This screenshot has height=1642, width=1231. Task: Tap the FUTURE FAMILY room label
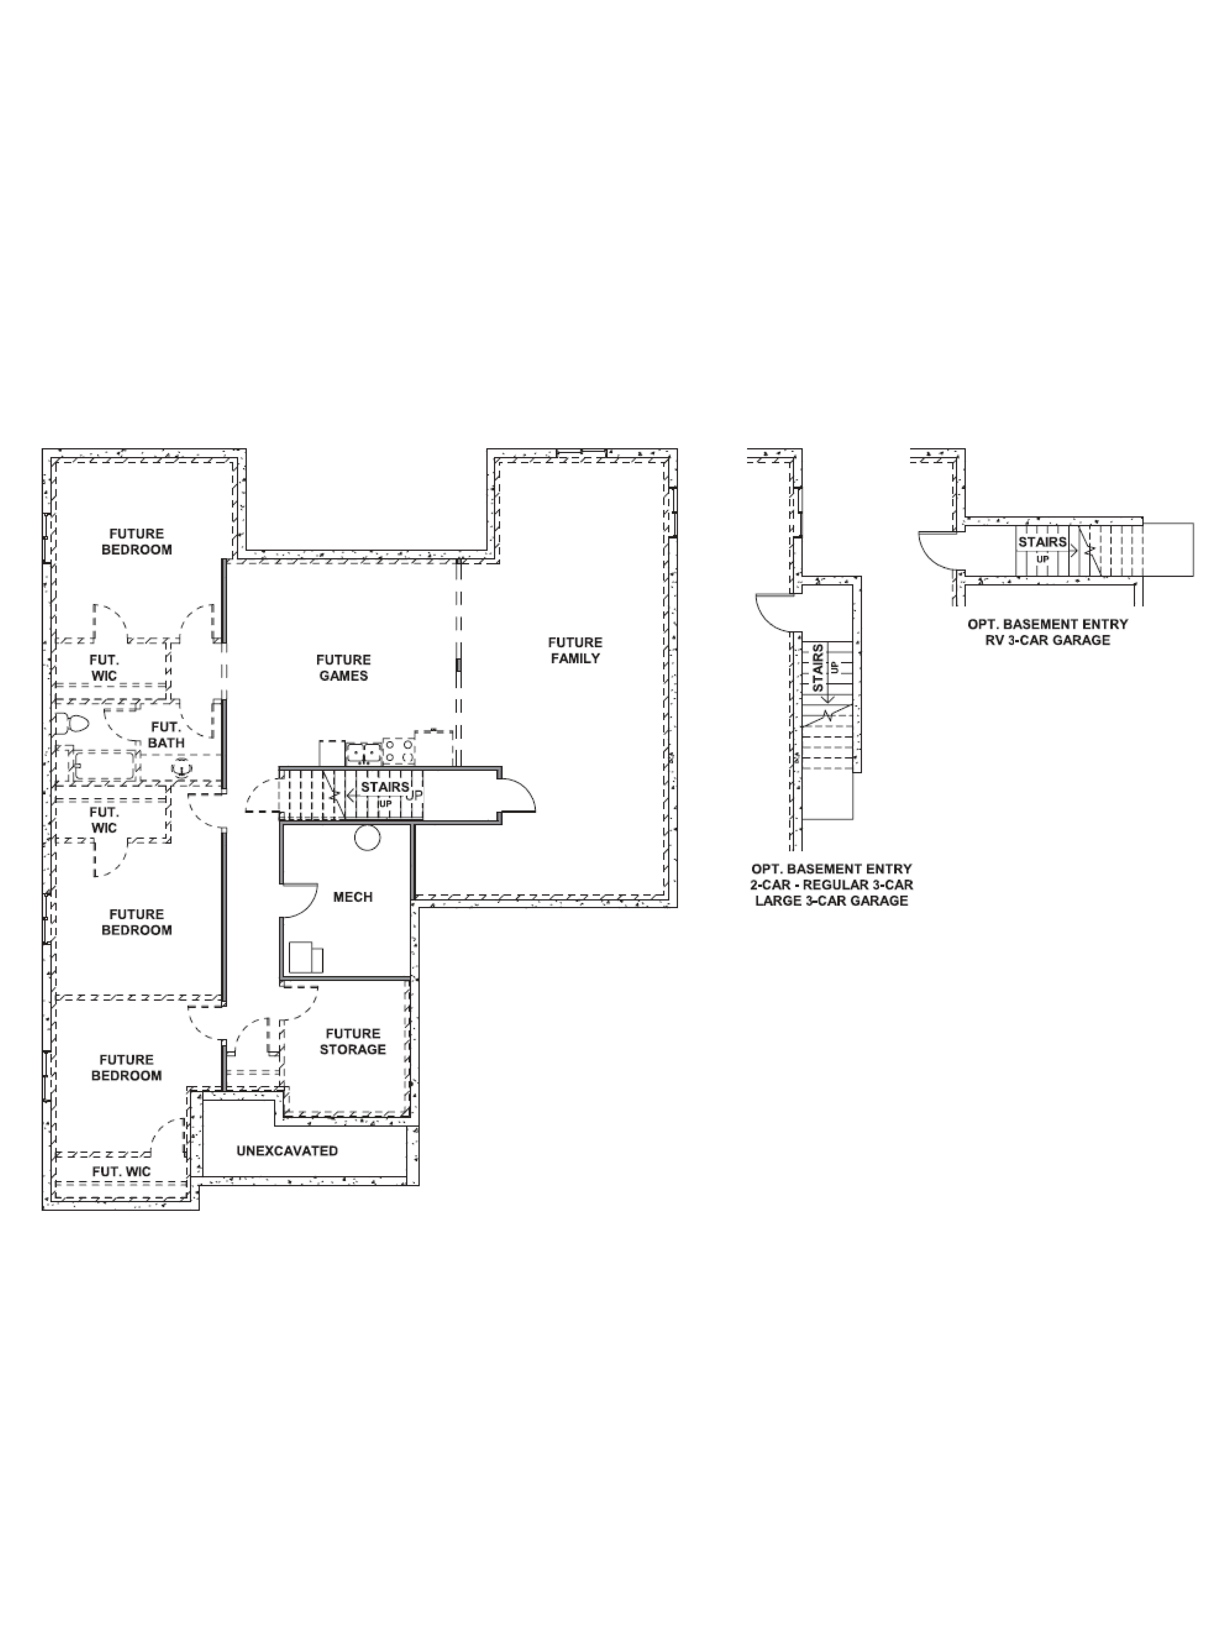point(575,650)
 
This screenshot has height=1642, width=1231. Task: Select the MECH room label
point(352,897)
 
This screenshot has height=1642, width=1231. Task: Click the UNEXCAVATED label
point(287,1150)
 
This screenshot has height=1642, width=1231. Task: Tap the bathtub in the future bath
point(104,765)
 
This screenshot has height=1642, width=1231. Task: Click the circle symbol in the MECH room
point(367,838)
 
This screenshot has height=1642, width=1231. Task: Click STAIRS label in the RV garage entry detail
point(1042,542)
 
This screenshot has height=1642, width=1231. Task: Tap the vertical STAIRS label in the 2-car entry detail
point(818,668)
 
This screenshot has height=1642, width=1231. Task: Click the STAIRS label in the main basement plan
point(384,787)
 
